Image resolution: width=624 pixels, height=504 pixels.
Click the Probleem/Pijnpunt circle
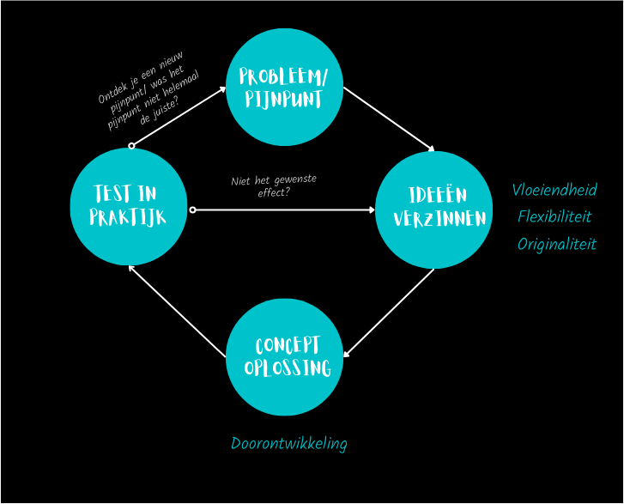284,87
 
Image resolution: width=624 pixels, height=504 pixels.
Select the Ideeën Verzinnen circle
433,209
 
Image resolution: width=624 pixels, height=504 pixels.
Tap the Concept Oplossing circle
284,356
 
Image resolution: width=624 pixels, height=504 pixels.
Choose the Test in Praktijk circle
129,206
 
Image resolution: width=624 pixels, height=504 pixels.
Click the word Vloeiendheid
554,190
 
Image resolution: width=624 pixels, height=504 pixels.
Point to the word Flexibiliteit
554,216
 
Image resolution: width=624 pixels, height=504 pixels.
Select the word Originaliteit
556,244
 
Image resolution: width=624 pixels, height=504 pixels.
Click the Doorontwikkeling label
288,443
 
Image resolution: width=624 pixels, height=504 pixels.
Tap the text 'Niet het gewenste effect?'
274,185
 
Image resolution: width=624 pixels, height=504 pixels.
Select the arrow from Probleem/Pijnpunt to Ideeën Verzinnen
389,119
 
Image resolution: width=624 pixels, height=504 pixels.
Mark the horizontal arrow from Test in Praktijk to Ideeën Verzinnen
283,209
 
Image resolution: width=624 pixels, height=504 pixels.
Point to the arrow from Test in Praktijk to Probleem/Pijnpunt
179,116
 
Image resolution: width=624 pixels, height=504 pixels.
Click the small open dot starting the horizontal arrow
192,209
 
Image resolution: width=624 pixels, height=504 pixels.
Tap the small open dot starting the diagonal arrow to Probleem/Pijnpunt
131,146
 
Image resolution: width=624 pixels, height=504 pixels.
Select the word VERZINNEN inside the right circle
439,219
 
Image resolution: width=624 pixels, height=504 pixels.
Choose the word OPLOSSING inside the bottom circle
288,368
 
